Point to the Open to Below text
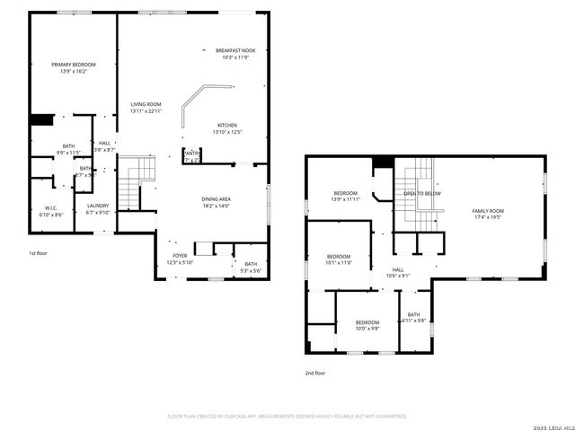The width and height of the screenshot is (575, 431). tap(421, 194)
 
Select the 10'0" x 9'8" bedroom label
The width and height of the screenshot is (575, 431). tap(367, 325)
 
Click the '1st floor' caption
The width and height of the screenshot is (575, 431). tap(38, 254)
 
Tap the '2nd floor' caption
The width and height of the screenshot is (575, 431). tap(315, 371)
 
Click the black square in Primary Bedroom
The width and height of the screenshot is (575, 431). tap(40, 119)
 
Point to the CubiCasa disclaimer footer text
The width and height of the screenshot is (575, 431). tap(287, 417)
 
